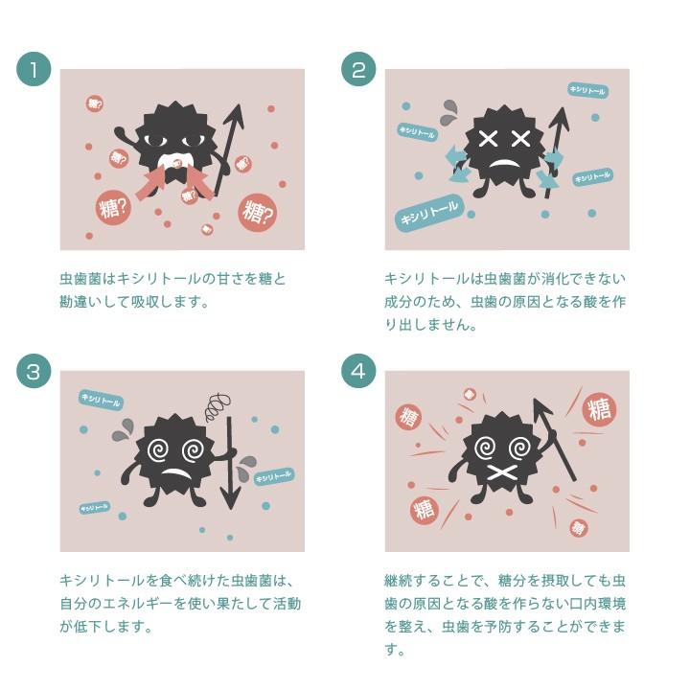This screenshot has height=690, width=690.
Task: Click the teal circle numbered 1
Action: pos(34,69)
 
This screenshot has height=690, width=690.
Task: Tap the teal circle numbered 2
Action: pos(358,69)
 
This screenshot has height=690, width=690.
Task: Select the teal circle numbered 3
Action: pos(34,371)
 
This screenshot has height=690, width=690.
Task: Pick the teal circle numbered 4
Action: pos(358,371)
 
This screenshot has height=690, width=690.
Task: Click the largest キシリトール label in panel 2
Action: pos(429,213)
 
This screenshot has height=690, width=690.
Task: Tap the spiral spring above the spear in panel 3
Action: pos(218,407)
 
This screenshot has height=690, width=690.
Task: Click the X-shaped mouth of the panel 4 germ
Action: pos(502,473)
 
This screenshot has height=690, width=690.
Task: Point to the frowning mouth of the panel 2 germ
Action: pos(505,164)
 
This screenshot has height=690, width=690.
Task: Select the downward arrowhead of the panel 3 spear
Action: pos(230,496)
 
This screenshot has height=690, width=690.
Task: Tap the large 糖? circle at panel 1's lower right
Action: pos(258,213)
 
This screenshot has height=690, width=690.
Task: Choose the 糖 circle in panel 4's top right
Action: pos(599,409)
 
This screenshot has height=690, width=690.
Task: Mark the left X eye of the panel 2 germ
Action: pos(488,140)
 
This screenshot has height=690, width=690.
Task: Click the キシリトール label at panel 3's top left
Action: pos(101,400)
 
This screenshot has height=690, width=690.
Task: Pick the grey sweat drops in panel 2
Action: pos(448,113)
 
